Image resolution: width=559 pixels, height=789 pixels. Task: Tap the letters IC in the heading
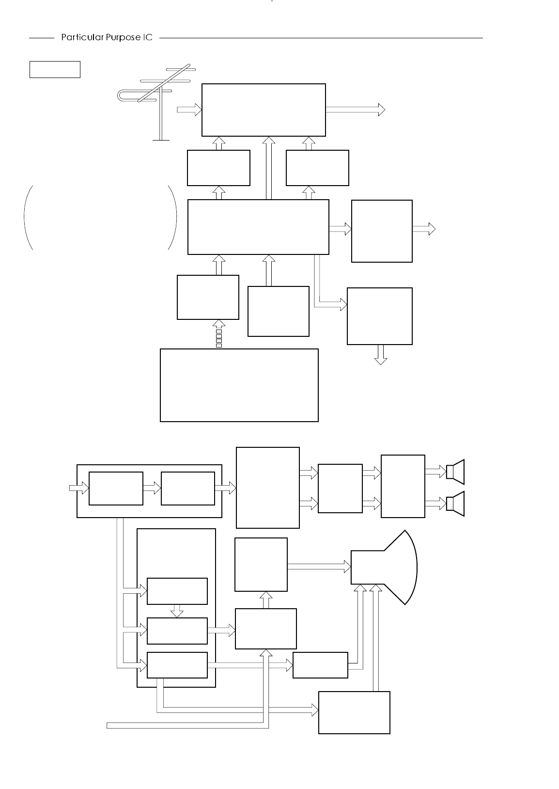tap(147, 38)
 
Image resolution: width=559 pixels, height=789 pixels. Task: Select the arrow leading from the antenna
tap(189, 110)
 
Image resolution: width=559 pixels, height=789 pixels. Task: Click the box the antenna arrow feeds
tap(264, 110)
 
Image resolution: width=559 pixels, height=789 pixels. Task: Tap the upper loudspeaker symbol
tap(455, 471)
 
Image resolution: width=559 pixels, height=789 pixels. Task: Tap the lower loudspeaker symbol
tap(455, 504)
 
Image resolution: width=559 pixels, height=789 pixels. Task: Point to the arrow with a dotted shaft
tap(218, 334)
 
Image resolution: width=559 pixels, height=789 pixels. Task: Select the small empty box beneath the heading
tap(55, 69)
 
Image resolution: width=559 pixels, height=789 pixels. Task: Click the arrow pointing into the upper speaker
tap(435, 471)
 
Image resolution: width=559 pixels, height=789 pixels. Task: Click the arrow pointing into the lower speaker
tap(435, 504)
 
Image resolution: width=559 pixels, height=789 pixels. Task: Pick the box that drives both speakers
tap(403, 486)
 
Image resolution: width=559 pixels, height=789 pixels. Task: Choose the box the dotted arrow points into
tap(208, 297)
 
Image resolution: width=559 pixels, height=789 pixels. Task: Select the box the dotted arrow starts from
tap(239, 385)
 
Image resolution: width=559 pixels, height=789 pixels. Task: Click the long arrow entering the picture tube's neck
tap(319, 566)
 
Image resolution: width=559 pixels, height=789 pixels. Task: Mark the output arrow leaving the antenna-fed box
tap(355, 110)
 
